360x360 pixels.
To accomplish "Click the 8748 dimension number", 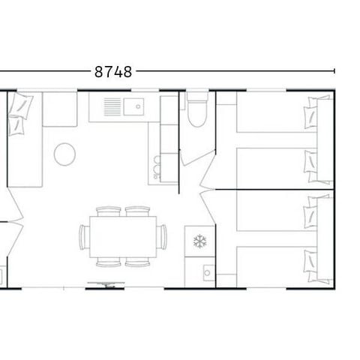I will click(x=113, y=72).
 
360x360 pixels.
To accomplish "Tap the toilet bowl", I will click(x=195, y=118).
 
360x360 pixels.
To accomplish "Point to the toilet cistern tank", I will click(x=195, y=98).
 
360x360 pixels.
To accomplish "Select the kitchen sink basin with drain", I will click(x=136, y=106).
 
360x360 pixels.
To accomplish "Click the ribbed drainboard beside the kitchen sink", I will click(x=112, y=106).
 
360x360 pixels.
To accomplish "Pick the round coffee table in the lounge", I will click(x=64, y=154).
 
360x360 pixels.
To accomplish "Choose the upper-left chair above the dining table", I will click(x=109, y=211).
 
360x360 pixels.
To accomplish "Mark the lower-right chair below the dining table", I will click(x=136, y=262).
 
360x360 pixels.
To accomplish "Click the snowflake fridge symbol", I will click(x=199, y=241).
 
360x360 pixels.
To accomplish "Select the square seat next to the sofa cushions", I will click(x=59, y=109).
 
